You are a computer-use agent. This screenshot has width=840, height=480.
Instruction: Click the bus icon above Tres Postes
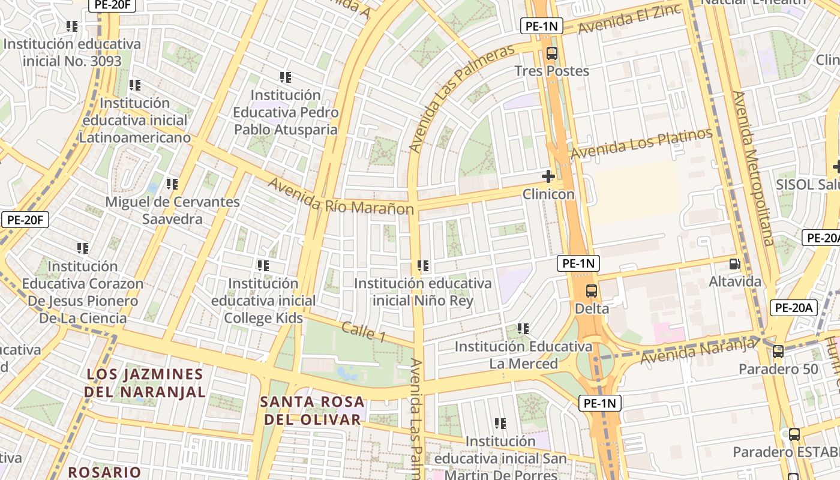[x=552, y=53]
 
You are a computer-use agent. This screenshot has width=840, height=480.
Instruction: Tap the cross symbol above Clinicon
[x=548, y=176]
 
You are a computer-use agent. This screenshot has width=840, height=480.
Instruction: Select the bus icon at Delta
[x=592, y=291]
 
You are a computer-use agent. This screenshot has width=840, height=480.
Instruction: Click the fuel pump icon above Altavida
[x=734, y=264]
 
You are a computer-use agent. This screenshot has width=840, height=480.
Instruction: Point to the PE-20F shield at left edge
[x=25, y=220]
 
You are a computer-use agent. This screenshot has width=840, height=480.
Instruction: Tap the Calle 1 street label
[x=364, y=332]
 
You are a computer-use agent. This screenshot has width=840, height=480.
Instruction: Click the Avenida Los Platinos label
[x=641, y=144]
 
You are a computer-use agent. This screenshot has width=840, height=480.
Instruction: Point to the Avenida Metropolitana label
[x=754, y=168]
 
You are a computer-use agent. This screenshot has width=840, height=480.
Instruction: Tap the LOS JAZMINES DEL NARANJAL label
[x=145, y=383]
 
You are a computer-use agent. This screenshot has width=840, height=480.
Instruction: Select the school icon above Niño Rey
[x=423, y=265]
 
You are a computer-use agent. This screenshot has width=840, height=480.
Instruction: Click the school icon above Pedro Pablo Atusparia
[x=286, y=77]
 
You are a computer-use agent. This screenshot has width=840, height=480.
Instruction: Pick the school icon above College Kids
[x=263, y=265]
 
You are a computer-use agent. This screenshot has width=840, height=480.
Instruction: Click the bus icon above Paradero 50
[x=778, y=352]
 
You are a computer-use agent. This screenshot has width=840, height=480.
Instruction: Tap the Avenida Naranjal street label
[x=698, y=350]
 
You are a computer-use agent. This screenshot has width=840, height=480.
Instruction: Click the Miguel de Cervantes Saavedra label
[x=173, y=210]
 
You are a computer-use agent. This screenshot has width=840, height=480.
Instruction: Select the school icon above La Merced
[x=523, y=329]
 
